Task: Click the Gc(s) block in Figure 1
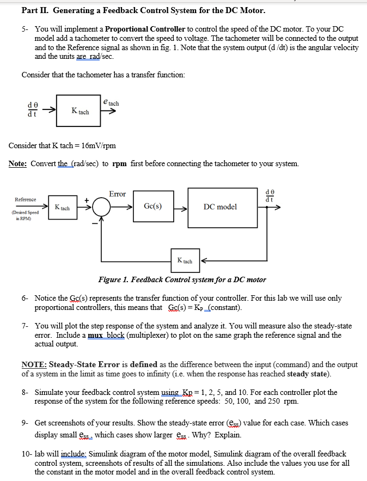click(x=152, y=207)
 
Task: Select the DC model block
click(x=220, y=207)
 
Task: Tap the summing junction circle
click(x=100, y=208)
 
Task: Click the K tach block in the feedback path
click(x=184, y=261)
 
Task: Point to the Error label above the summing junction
click(x=117, y=194)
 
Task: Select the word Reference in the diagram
click(x=26, y=199)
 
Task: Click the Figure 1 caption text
click(x=182, y=279)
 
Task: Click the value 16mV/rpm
click(x=98, y=146)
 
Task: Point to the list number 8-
click(x=26, y=392)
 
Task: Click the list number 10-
click(x=27, y=454)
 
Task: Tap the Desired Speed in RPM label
click(x=26, y=215)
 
